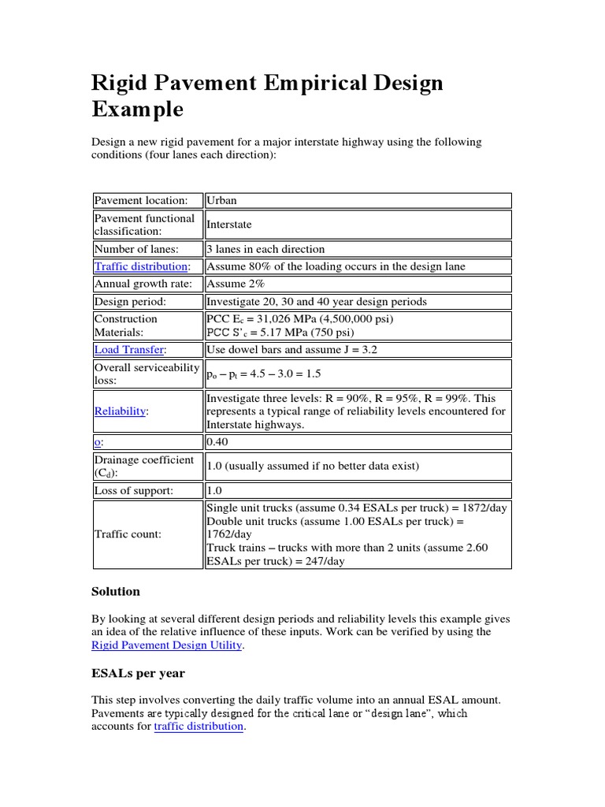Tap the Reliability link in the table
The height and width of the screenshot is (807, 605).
[121, 411]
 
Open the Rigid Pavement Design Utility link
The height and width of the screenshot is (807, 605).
[167, 645]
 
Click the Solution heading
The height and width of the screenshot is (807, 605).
[116, 591]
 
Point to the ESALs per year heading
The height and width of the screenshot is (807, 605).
[138, 673]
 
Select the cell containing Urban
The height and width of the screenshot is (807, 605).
[221, 201]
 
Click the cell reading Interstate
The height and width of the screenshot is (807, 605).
[228, 225]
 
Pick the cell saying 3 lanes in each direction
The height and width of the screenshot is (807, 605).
[265, 249]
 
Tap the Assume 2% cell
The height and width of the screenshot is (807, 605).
[236, 284]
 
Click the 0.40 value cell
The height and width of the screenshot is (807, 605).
[217, 442]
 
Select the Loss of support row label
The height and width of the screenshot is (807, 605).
[133, 490]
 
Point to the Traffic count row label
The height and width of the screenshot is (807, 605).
[128, 534]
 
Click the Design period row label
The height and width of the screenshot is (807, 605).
[131, 301]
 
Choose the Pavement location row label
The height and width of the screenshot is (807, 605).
[141, 201]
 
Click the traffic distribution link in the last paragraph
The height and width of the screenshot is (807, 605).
[199, 727]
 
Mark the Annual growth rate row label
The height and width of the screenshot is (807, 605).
[143, 284]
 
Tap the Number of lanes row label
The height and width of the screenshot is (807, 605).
[136, 249]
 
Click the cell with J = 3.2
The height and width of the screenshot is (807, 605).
[291, 349]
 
